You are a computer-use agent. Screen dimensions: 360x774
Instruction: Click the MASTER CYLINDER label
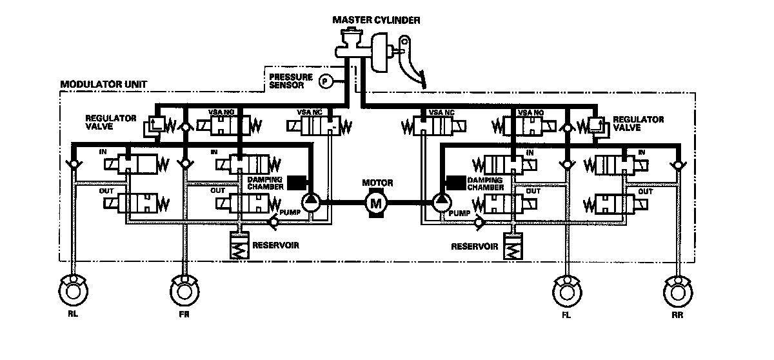(376, 20)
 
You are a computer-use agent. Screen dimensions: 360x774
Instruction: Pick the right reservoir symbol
(513, 248)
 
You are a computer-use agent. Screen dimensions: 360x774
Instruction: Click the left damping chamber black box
(297, 183)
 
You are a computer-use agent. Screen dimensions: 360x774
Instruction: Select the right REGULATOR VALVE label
(638, 123)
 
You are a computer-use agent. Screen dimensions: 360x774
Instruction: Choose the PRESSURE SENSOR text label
(291, 81)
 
